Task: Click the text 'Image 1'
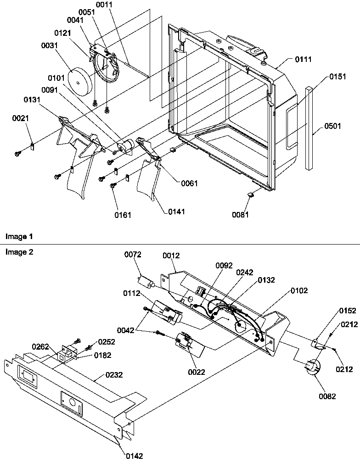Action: click(19, 237)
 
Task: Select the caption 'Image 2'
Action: click(19, 252)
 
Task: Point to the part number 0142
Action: click(134, 456)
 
